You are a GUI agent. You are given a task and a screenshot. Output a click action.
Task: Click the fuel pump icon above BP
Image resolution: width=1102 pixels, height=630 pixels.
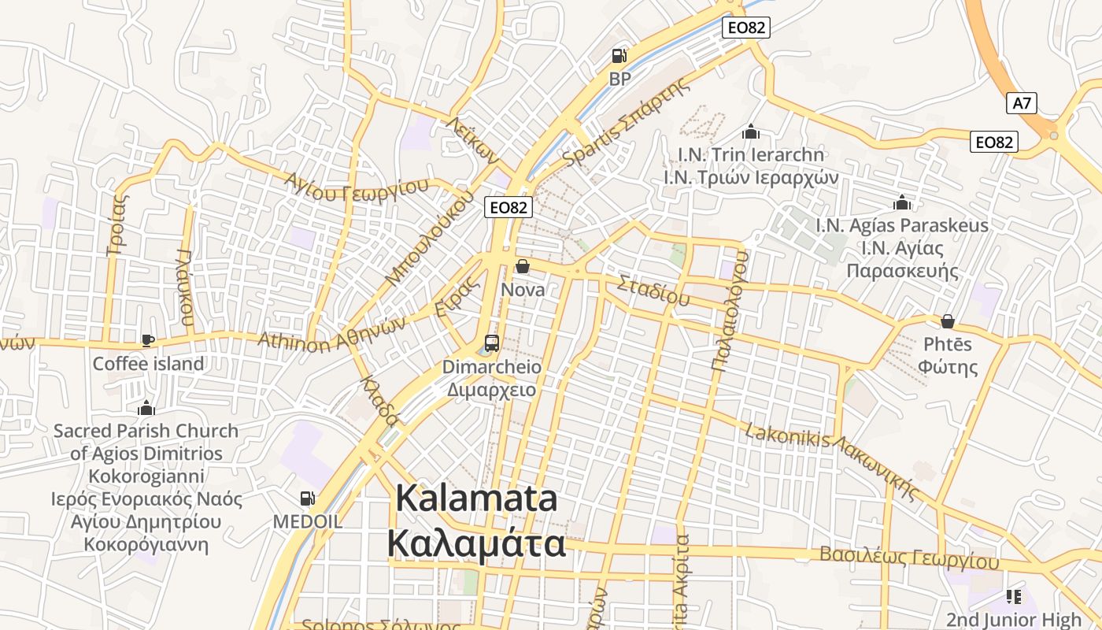[619, 56]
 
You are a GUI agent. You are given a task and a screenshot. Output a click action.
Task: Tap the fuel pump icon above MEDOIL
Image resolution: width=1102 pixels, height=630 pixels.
[307, 498]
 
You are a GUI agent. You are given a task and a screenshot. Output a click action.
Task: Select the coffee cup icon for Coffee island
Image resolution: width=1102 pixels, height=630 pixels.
[147, 340]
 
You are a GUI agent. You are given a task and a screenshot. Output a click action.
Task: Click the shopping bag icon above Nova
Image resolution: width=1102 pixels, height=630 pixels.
[522, 267]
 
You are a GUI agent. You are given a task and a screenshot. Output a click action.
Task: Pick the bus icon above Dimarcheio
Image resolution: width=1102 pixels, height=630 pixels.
[492, 343]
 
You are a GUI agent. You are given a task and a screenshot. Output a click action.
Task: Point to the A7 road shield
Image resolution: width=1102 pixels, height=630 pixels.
[1022, 103]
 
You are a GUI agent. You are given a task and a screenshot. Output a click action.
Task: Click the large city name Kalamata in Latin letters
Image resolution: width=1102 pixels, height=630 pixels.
[476, 499]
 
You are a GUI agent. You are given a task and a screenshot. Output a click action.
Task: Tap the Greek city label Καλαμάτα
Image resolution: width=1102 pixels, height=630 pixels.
[476, 543]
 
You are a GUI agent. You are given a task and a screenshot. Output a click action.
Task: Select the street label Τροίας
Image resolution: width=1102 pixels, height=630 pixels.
[116, 225]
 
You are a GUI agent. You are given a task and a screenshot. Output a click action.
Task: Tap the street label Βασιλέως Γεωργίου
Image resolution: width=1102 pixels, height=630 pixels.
[909, 558]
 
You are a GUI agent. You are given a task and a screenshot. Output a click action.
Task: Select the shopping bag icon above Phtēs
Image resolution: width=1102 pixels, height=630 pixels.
[948, 321]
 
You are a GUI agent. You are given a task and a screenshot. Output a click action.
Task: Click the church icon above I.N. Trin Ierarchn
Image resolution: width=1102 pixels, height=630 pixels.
[750, 131]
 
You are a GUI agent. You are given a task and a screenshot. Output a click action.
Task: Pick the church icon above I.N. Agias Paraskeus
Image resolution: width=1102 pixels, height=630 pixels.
[902, 203]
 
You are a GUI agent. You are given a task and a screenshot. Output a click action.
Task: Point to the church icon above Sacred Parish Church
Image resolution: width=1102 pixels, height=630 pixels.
[146, 408]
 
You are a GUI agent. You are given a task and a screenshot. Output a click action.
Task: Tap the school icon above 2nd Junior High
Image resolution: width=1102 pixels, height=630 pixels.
[1013, 597]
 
